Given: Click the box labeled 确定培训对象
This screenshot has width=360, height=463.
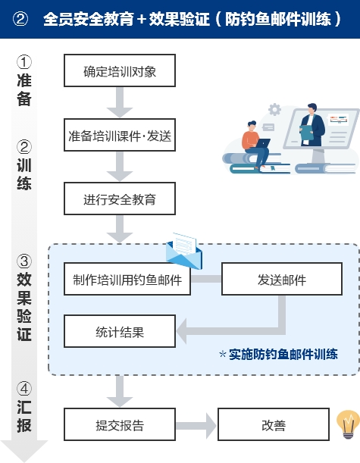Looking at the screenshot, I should click(x=120, y=71).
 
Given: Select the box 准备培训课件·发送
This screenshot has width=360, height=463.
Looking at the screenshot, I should click(x=120, y=136).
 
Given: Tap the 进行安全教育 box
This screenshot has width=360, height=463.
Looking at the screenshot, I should click(x=120, y=201).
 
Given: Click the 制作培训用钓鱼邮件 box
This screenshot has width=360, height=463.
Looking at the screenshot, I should click(x=127, y=280).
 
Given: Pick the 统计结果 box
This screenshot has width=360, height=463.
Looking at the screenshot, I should click(x=120, y=331).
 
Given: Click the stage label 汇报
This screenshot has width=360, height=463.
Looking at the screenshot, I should click(x=24, y=416).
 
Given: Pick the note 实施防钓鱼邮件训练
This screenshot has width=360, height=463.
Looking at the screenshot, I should click(x=278, y=354).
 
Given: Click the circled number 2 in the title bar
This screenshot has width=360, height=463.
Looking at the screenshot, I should click(x=20, y=19).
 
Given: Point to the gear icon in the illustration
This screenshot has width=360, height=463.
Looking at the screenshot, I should click(x=274, y=110).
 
